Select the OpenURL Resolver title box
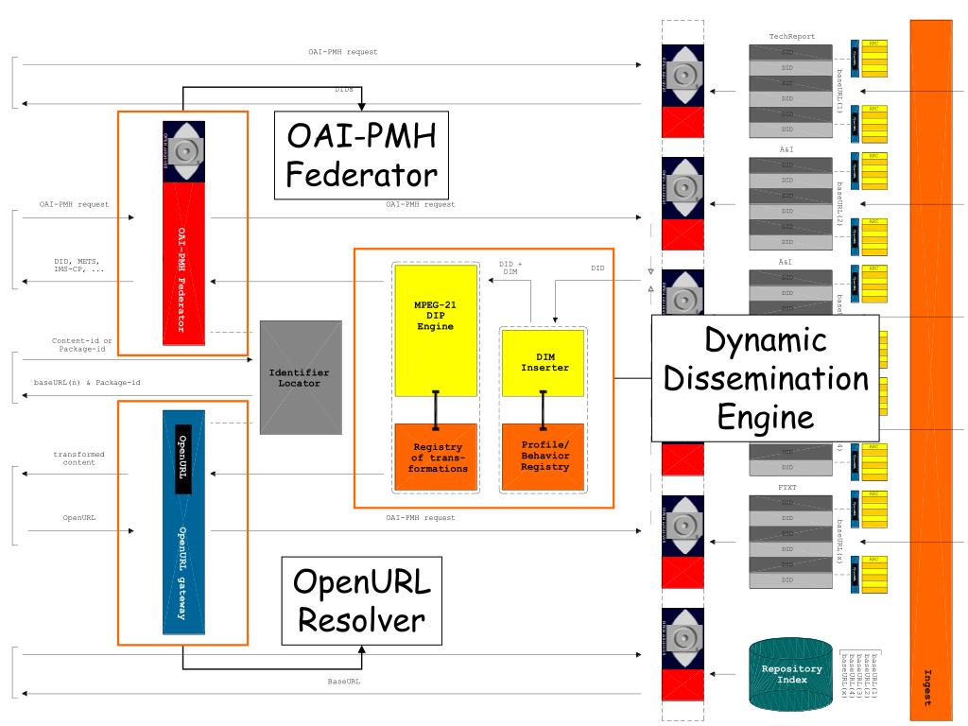(362, 600)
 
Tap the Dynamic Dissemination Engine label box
(766, 378)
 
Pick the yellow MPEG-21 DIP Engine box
(435, 330)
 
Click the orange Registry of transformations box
(435, 458)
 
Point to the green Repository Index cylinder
(791, 674)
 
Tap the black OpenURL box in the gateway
(183, 460)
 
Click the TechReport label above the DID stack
(791, 37)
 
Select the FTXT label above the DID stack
(787, 488)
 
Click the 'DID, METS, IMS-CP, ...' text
(78, 266)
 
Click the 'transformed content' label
(78, 458)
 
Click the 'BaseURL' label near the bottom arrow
(343, 681)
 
